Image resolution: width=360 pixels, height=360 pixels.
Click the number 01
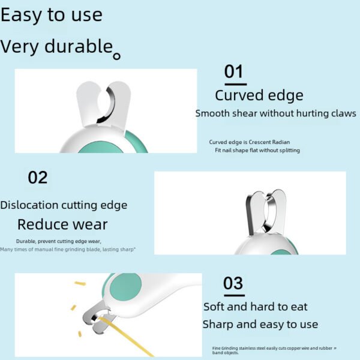pyautogui.click(x=233, y=73)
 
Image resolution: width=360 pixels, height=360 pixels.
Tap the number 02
pyautogui.click(x=37, y=178)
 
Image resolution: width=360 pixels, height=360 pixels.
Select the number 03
pyautogui.click(x=233, y=283)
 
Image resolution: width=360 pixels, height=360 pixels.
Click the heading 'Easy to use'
pyautogui.click(x=51, y=15)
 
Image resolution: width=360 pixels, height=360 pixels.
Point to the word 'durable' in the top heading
pyautogui.click(x=77, y=46)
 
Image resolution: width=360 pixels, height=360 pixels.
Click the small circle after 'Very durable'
pyautogui.click(x=117, y=56)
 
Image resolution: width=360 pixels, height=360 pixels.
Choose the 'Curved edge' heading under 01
pyautogui.click(x=259, y=95)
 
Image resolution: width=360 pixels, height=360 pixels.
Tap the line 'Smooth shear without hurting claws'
pyautogui.click(x=275, y=113)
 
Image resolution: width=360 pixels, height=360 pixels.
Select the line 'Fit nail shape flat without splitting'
pyautogui.click(x=257, y=150)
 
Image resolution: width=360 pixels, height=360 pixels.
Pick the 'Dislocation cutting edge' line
pyautogui.click(x=64, y=205)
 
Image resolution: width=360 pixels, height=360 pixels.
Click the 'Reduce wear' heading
pyautogui.click(x=62, y=225)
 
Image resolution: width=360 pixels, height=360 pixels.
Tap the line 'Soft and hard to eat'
pyautogui.click(x=255, y=307)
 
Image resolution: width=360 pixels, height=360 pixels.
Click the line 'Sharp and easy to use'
pyautogui.click(x=260, y=325)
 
